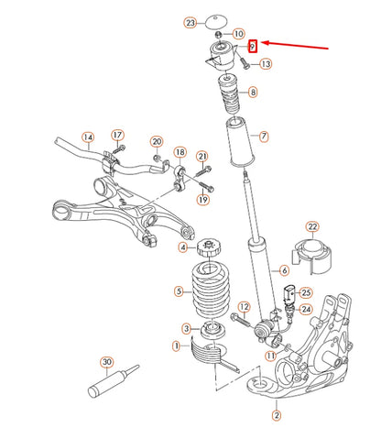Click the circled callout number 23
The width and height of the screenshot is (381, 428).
click(x=190, y=23)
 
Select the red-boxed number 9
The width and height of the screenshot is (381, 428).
click(x=253, y=47)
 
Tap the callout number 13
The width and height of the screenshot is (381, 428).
click(x=266, y=64)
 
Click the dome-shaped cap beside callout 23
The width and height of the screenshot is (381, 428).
click(x=216, y=22)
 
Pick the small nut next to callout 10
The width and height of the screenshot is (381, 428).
click(x=219, y=34)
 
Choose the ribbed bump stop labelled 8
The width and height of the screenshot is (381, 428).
click(x=229, y=94)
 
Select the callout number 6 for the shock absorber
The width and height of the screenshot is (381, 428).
click(x=284, y=270)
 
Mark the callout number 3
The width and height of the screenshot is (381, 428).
click(x=187, y=329)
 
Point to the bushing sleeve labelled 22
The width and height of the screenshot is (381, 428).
click(x=311, y=258)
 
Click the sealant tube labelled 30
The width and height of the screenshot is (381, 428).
click(x=113, y=380)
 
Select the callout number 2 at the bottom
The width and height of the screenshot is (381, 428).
click(x=277, y=415)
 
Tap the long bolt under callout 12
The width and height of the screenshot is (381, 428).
click(x=241, y=320)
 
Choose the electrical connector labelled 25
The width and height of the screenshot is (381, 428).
click(x=288, y=294)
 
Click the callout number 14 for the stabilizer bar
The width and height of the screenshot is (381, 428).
click(x=88, y=137)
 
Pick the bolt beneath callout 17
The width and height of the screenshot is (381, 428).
click(x=118, y=149)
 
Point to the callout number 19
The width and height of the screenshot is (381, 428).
click(x=203, y=200)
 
